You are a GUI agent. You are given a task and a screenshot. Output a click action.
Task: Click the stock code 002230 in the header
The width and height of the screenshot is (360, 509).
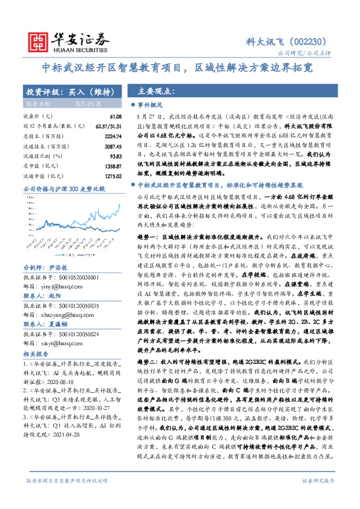tap(310, 42)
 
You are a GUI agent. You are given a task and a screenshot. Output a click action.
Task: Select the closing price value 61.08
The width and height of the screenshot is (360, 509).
tap(115, 115)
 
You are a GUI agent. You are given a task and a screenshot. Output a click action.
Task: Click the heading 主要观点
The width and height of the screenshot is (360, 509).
tap(157, 92)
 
